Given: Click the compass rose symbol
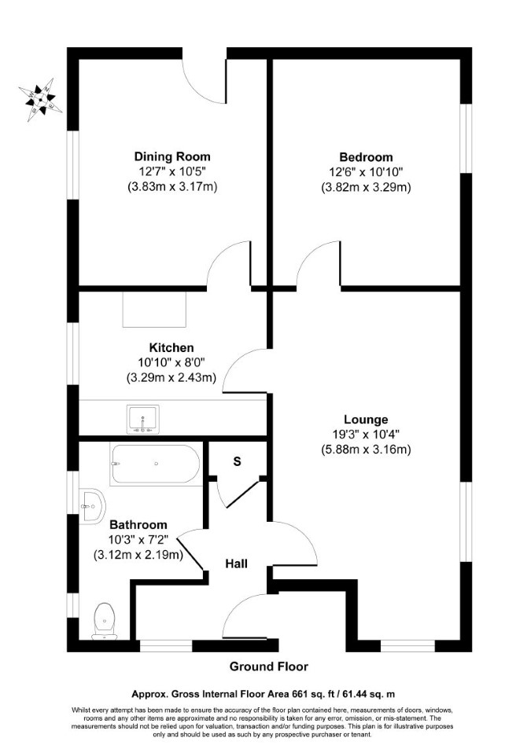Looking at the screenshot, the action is pyautogui.click(x=40, y=100).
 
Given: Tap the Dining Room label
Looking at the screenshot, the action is pyautogui.click(x=172, y=156).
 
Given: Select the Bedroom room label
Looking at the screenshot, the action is pyautogui.click(x=366, y=157).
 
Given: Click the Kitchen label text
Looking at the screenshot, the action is pyautogui.click(x=171, y=347).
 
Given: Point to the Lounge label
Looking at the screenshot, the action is pyautogui.click(x=366, y=419).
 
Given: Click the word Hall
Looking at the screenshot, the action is pyautogui.click(x=237, y=563).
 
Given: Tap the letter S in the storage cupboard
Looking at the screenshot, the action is pyautogui.click(x=237, y=461).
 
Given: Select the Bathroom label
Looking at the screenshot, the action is pyautogui.click(x=138, y=524).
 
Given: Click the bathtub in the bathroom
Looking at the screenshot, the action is pyautogui.click(x=155, y=464).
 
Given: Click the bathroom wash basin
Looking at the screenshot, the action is pyautogui.click(x=92, y=506).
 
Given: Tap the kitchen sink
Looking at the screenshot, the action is pyautogui.click(x=143, y=419).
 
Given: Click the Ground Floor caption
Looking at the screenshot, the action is pyautogui.click(x=269, y=666).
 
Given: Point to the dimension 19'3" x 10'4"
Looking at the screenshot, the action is pyautogui.click(x=366, y=434).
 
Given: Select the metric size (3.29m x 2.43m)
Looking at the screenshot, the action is pyautogui.click(x=171, y=378).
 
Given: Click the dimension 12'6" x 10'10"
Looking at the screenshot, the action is pyautogui.click(x=366, y=171).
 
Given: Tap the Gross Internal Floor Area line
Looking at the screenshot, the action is pyautogui.click(x=263, y=694).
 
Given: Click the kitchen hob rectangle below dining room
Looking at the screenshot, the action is pyautogui.click(x=155, y=310).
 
